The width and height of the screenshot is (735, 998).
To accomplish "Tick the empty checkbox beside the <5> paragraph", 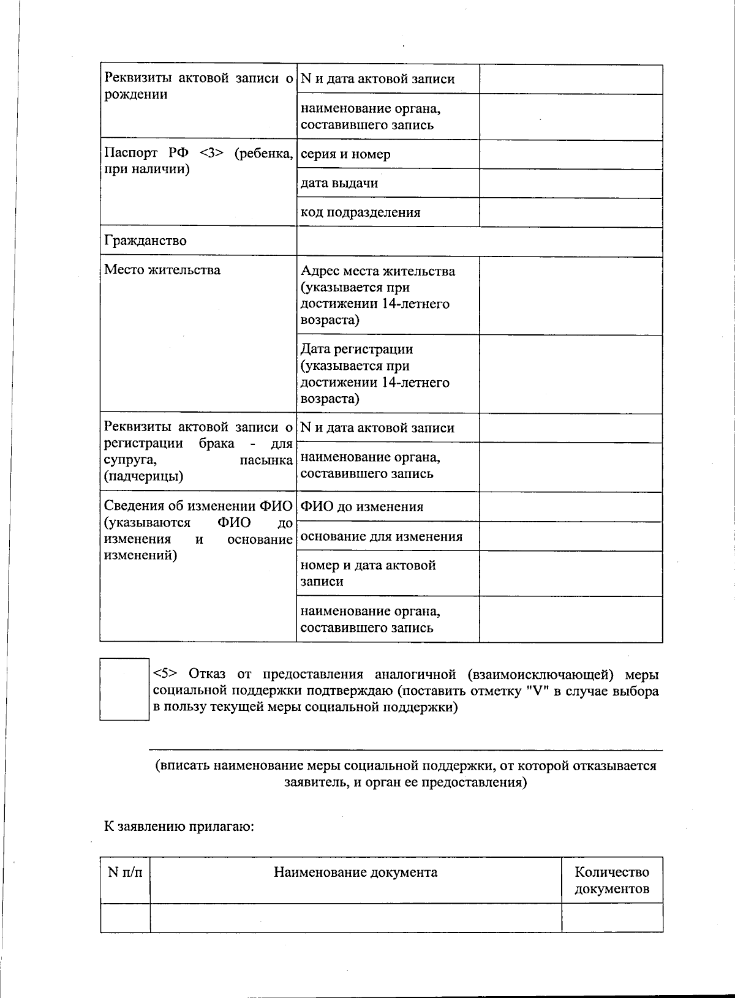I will (124, 689).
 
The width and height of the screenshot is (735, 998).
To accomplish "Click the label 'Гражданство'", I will (145, 241).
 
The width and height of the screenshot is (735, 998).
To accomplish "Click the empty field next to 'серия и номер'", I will (570, 154).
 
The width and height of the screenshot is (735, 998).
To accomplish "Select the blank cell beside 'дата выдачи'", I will (570, 183).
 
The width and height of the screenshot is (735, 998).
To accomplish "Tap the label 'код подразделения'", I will (360, 212).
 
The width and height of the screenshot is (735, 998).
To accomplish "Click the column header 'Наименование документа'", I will (355, 872).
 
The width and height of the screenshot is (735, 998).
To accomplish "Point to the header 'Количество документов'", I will (611, 880).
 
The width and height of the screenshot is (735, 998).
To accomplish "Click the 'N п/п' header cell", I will (125, 872).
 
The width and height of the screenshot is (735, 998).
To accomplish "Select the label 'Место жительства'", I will (162, 270).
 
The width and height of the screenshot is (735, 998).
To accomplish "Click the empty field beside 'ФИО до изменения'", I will (570, 506).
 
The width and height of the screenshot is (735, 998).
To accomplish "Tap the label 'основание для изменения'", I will (381, 536).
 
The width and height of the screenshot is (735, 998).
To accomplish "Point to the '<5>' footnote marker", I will (165, 674).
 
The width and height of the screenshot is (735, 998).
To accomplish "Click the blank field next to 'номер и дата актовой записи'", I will (570, 573).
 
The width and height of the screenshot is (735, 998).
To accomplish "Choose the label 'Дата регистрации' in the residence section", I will (356, 350).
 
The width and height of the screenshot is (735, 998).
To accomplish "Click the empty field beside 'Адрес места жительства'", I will (570, 296).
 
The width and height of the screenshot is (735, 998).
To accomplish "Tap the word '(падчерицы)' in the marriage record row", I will (143, 476).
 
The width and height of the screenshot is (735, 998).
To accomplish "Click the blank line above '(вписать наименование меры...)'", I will (405, 748).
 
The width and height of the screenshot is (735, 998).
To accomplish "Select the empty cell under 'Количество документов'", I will (611, 917).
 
